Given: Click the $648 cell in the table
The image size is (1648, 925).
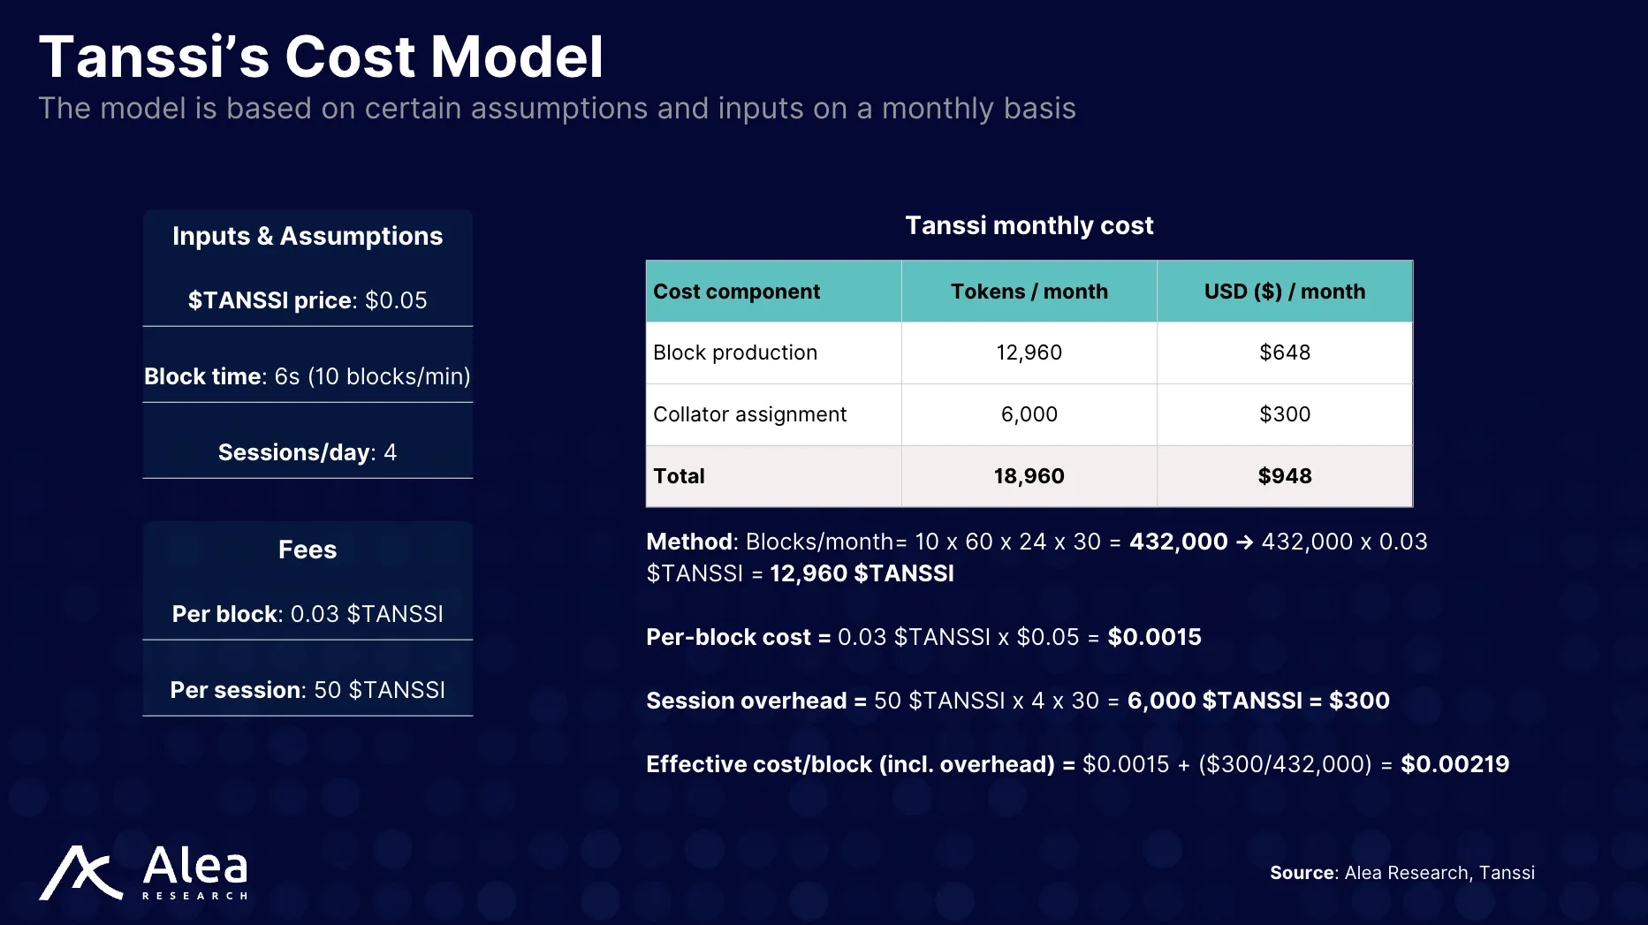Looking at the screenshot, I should click(x=1284, y=353).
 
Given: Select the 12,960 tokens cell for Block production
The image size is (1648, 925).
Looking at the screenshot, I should click(x=1029, y=353).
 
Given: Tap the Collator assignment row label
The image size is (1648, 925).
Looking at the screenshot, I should click(x=749, y=414).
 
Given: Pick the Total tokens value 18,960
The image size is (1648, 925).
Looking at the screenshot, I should click(x=1029, y=476).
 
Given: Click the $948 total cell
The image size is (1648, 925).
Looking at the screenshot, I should click(x=1284, y=476).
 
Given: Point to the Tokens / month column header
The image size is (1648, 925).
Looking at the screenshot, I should click(x=1029, y=292).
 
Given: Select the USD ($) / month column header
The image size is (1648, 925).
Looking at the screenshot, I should click(x=1284, y=292).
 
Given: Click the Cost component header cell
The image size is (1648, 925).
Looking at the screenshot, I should click(x=736, y=292).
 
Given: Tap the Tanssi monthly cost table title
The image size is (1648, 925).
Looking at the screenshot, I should click(x=1029, y=225).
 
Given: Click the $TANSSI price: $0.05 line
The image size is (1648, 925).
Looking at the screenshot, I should click(x=308, y=300).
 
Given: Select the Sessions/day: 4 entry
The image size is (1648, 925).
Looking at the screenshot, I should click(x=308, y=452).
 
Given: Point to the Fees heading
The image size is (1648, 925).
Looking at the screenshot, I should click(x=308, y=550).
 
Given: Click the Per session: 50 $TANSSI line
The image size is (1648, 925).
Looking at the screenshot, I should click(x=308, y=690).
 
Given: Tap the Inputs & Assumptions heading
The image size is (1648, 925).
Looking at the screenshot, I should click(x=308, y=236).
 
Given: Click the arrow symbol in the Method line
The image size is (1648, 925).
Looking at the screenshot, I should click(x=1244, y=542).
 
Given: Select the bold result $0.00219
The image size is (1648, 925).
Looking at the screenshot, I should click(x=1454, y=764).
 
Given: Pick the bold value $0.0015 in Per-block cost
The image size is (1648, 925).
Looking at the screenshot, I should click(x=1154, y=637).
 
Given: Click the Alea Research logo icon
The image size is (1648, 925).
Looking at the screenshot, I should click(x=80, y=873).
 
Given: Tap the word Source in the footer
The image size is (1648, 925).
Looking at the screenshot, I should click(x=1302, y=873).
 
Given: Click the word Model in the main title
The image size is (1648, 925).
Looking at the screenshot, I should click(x=517, y=57).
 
